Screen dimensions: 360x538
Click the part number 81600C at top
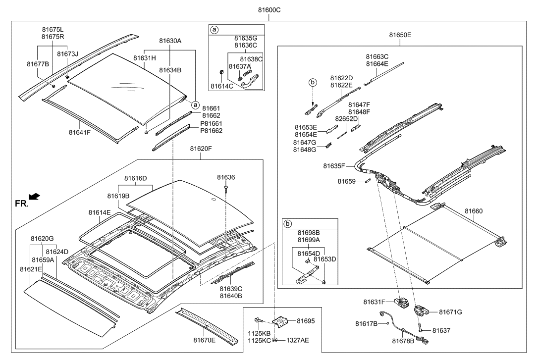tap(269, 9)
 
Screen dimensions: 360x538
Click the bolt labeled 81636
tap(225, 188)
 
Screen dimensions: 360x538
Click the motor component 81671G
tap(421, 310)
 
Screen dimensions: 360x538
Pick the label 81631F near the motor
tap(374, 301)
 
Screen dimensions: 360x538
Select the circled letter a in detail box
tap(215, 30)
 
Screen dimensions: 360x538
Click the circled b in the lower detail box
tap(286, 223)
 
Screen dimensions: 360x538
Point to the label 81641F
tap(79, 132)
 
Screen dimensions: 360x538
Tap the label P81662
tap(211, 131)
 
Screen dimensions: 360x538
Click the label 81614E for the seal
tap(100, 212)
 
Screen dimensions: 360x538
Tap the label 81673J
tap(67, 53)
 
